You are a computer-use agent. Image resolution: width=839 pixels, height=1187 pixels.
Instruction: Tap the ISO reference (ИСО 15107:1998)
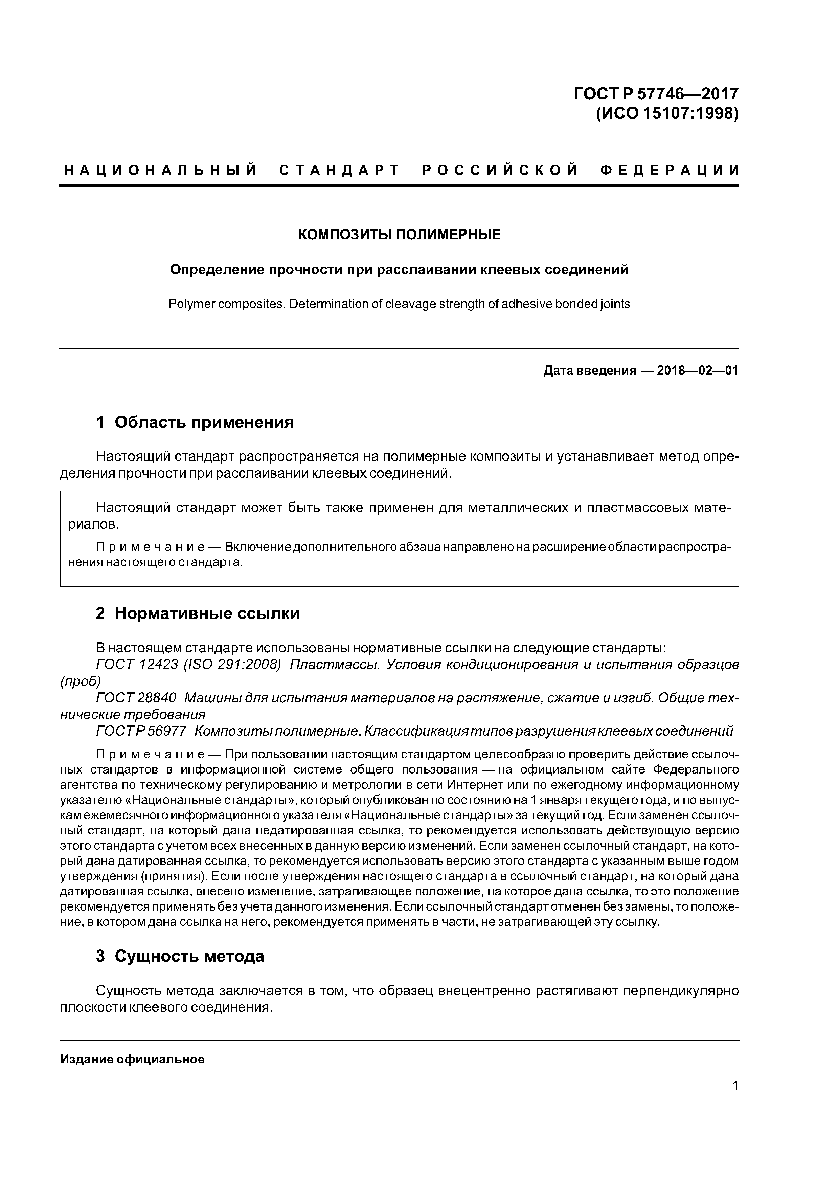tap(667, 113)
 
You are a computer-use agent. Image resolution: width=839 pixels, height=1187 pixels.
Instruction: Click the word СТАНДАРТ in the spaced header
tap(340, 170)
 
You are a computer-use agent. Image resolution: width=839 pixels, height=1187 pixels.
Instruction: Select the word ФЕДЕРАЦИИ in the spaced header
tap(670, 170)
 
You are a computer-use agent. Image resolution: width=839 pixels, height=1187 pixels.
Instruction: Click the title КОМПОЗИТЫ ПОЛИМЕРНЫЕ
tap(399, 235)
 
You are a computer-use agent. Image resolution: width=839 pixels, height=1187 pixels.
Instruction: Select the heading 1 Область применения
tap(195, 422)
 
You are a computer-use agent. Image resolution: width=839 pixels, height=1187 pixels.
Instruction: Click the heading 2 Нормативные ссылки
tap(198, 614)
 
